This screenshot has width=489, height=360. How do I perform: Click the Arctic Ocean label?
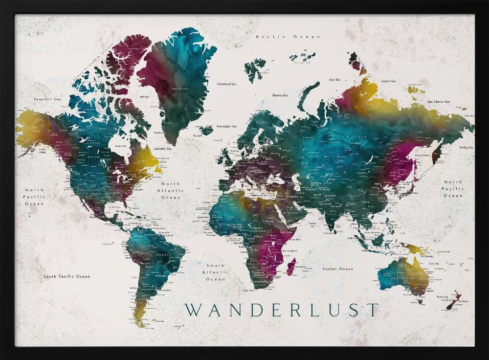pos(288,37)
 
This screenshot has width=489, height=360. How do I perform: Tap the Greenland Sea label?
pos(226,84)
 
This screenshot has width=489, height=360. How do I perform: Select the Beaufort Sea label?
pos(47,99)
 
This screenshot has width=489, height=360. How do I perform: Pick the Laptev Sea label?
pos(389,81)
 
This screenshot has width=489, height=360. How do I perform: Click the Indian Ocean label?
pos(338,269)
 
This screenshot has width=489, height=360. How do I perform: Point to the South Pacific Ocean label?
pos(67,276)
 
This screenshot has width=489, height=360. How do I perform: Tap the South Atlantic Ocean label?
pos(215,272)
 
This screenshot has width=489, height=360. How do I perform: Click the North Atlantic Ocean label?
pos(171,191)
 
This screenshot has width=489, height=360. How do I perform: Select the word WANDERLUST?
pos(282,310)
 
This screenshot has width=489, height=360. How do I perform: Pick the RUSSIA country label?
pos(354,137)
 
